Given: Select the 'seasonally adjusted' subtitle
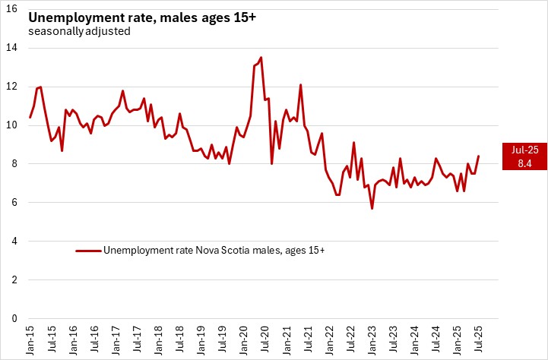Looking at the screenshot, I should pyautogui.click(x=80, y=32).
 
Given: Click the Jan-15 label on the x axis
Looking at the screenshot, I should pyautogui.click(x=30, y=339).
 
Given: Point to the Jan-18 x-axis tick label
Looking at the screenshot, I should pyautogui.click(x=157, y=339).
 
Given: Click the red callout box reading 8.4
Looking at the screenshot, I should pyautogui.click(x=520, y=156).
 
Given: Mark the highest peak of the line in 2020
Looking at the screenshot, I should pyautogui.click(x=261, y=57).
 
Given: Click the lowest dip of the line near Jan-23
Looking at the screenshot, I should pyautogui.click(x=372, y=208).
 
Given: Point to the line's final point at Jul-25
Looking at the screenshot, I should pyautogui.click(x=478, y=156).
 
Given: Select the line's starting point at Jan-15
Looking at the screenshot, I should pyautogui.click(x=30, y=118).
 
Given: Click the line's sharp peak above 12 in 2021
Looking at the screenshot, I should pyautogui.click(x=301, y=84).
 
